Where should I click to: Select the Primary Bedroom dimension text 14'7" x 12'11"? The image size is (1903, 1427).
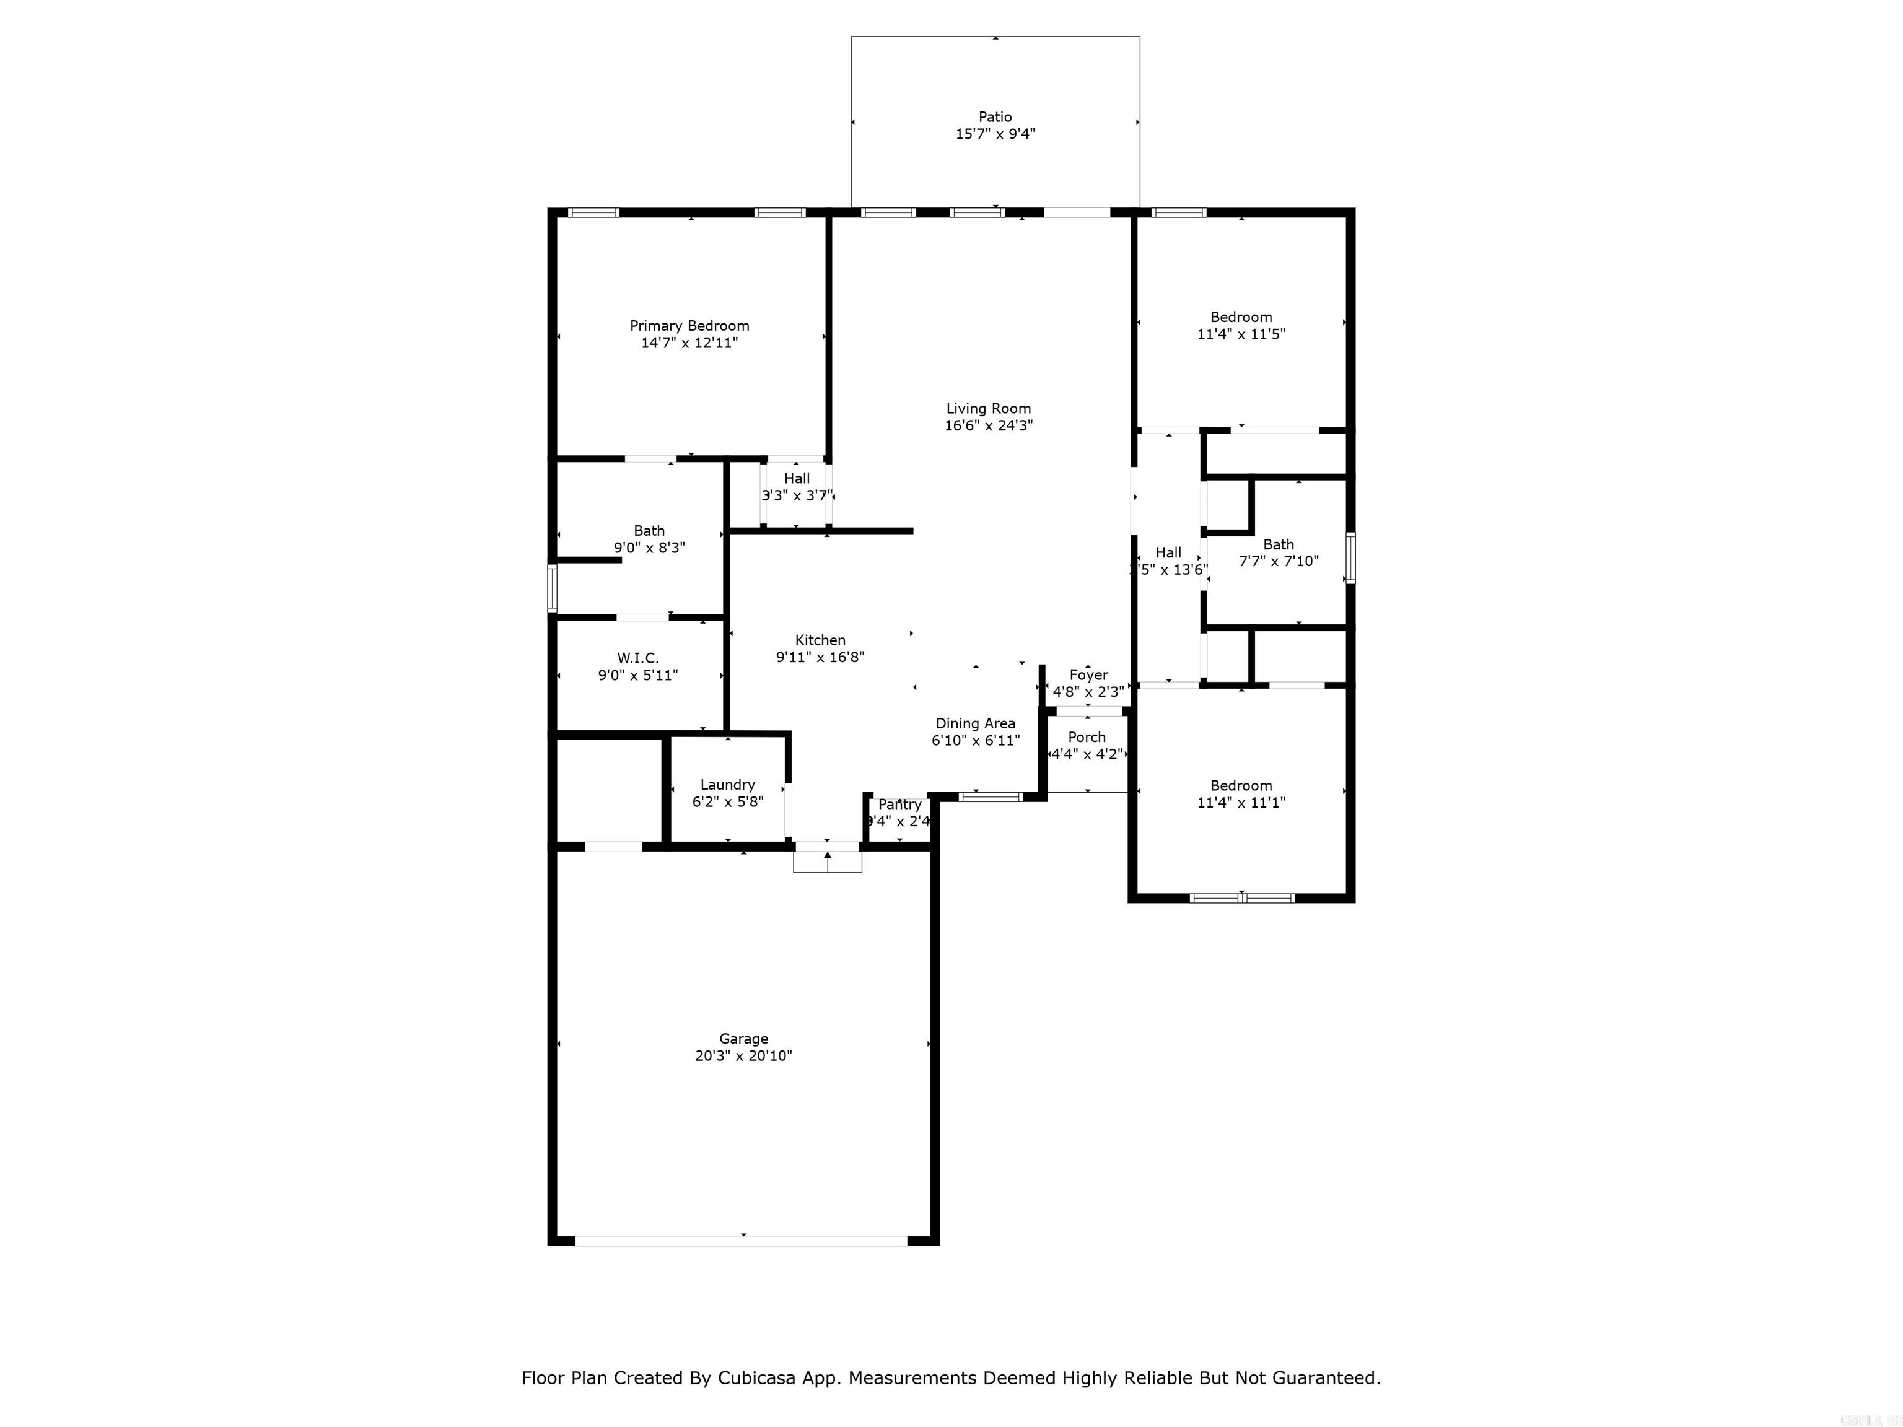point(689,343)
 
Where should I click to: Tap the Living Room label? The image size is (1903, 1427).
point(989,409)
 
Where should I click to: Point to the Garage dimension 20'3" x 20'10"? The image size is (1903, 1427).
point(743,1055)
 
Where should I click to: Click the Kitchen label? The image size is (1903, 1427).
point(820,640)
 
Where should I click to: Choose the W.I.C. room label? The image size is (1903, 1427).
point(637,658)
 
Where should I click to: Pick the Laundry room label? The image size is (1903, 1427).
point(727,785)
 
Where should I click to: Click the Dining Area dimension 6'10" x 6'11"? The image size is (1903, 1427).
point(976,740)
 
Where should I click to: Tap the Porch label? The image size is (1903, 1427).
point(1087,737)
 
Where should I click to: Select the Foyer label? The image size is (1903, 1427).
point(1088,675)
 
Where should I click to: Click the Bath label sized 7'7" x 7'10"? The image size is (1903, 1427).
point(1279,544)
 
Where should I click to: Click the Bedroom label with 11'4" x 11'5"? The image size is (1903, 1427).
point(1241,317)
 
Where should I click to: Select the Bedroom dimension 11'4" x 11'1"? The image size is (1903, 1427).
point(1241,803)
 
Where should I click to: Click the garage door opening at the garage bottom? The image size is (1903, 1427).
point(741,1241)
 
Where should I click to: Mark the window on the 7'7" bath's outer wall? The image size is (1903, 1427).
point(1350,558)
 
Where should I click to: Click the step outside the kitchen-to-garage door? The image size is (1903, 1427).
point(827,862)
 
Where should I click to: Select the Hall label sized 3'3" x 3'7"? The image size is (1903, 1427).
point(797,478)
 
